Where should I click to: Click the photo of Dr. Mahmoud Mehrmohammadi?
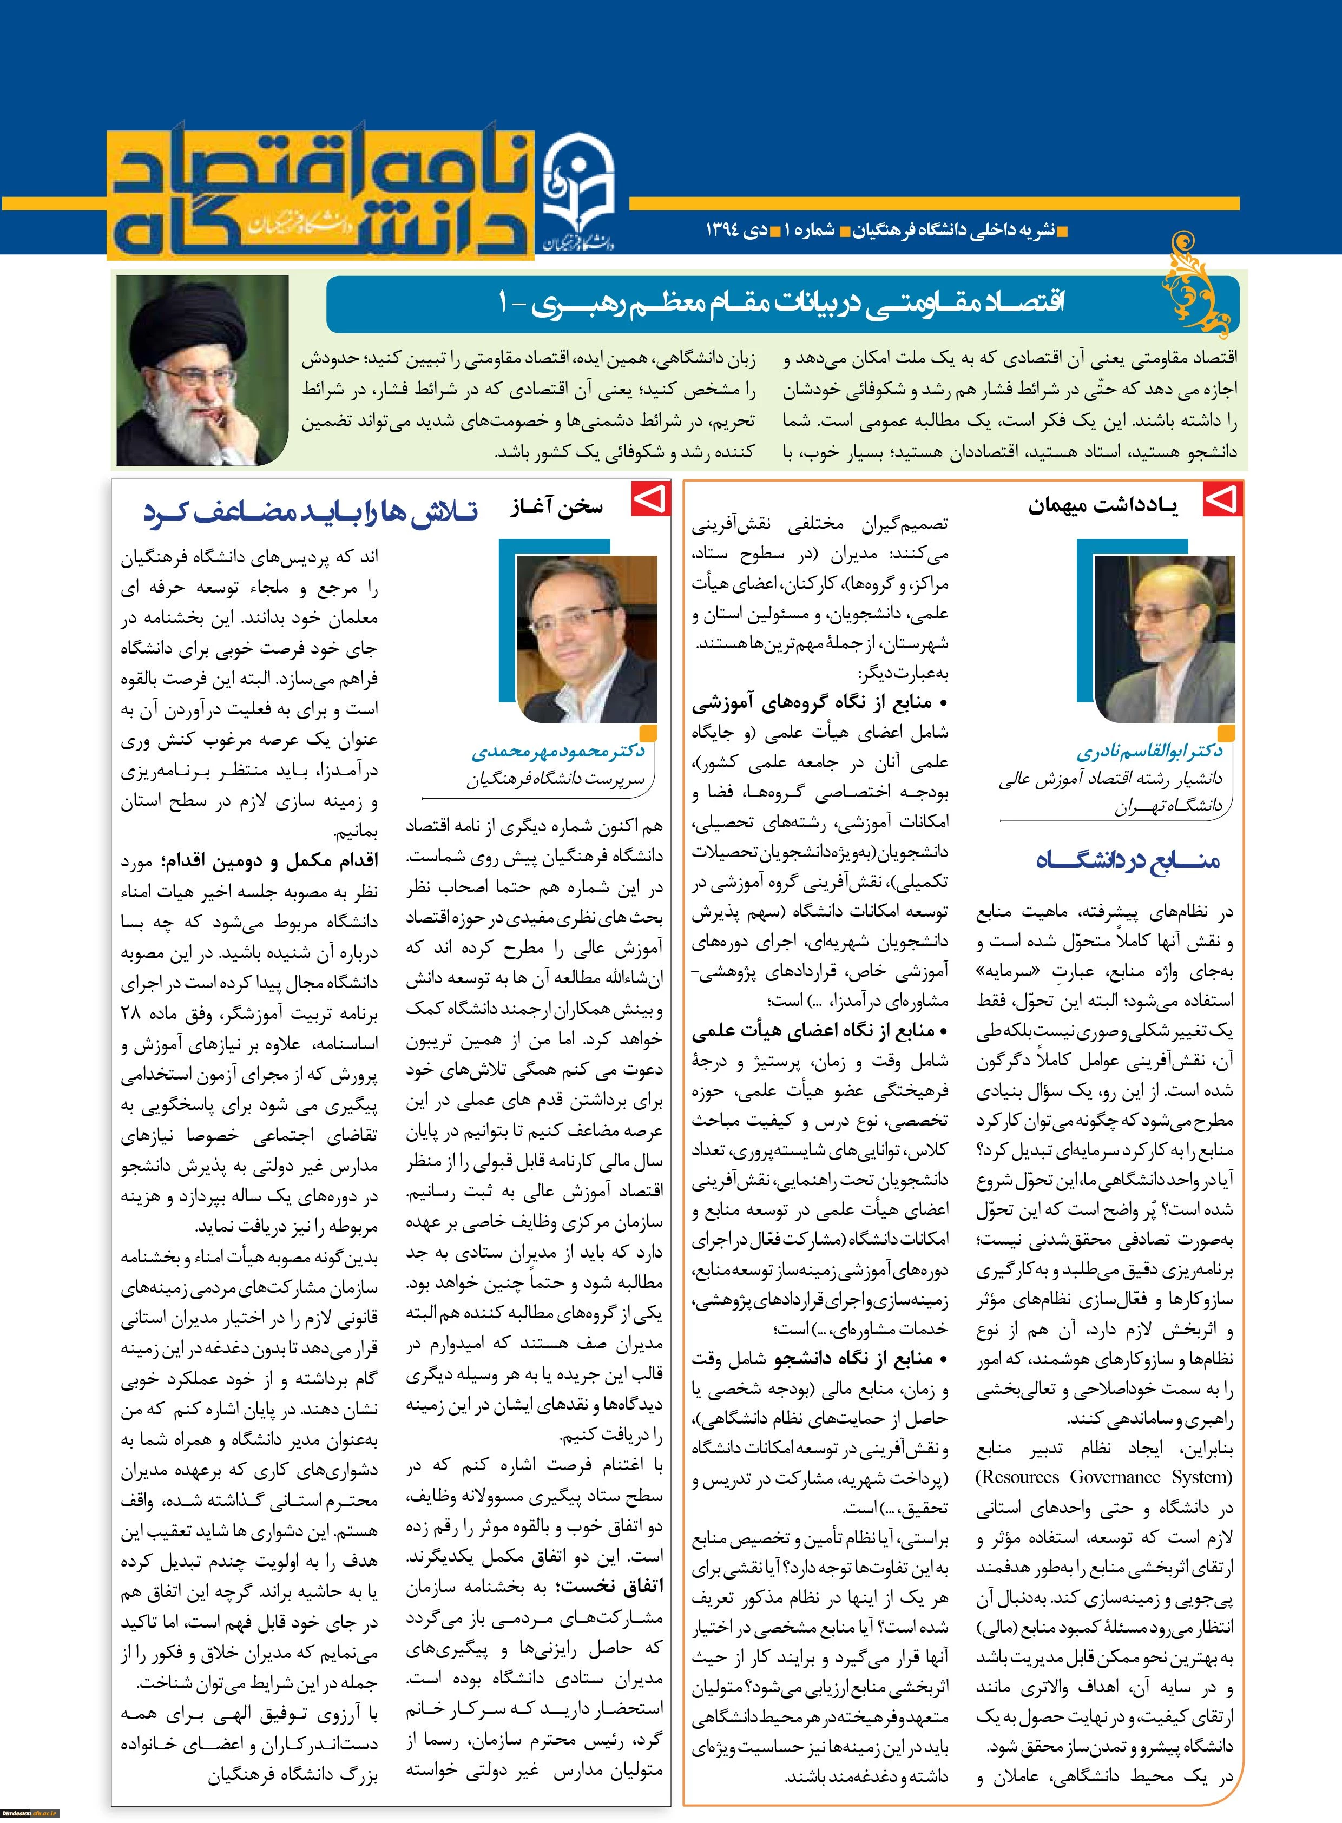(x=587, y=638)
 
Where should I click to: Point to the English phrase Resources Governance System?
(x=1105, y=1477)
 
